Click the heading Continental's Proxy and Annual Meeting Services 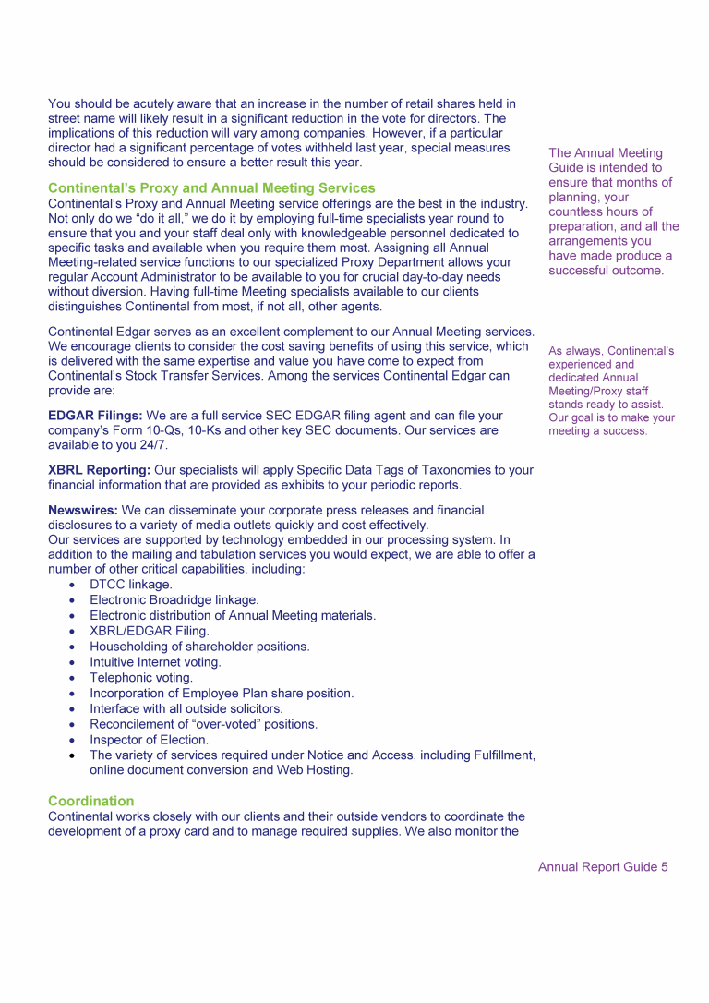[211, 188]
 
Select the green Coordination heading [90, 801]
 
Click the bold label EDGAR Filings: [95, 416]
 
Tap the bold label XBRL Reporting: [99, 470]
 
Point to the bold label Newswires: [83, 510]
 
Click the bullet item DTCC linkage [130, 585]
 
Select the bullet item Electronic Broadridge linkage [174, 600]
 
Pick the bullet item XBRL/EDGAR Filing [150, 631]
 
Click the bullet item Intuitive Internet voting [155, 662]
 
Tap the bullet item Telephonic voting [141, 678]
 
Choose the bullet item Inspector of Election [149, 740]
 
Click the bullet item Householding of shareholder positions [199, 647]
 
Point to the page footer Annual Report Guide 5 [603, 867]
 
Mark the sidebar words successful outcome [606, 271]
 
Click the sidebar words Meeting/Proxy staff [598, 391]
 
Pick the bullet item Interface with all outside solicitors [186, 708]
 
